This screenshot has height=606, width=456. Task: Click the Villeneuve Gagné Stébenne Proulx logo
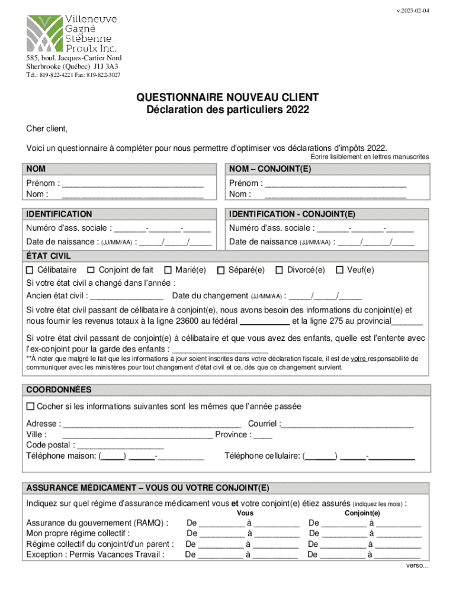point(72,33)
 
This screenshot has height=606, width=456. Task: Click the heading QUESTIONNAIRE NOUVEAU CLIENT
point(227,97)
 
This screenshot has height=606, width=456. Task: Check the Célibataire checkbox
point(30,270)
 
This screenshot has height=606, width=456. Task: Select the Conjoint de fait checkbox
point(91,270)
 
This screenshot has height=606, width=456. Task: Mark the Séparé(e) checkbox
point(221,270)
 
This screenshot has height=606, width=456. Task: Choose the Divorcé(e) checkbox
point(279,270)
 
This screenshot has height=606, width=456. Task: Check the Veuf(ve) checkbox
point(340,270)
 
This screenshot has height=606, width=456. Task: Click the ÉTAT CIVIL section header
point(49,256)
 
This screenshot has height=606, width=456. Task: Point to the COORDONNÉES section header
point(59,390)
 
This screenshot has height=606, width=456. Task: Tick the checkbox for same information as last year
point(30,407)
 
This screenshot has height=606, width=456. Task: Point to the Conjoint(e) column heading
point(362,513)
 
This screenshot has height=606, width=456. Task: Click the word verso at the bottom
point(416,565)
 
